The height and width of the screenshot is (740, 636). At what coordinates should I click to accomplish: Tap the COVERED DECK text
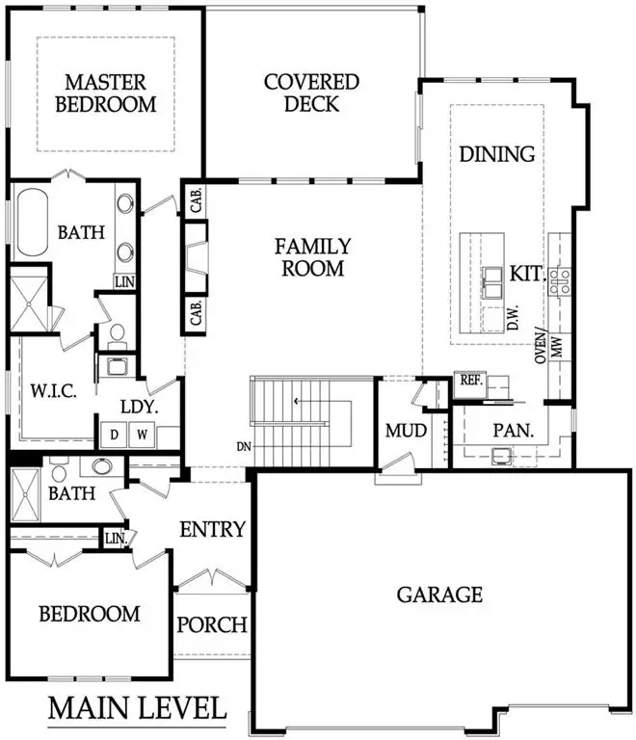311,92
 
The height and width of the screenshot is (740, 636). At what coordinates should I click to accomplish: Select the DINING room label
496,154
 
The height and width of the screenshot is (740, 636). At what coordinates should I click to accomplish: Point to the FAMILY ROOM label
315,258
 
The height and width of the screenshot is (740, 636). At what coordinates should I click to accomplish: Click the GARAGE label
439,595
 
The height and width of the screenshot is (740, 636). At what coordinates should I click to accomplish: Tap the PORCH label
212,624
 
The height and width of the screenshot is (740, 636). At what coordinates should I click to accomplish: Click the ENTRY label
213,529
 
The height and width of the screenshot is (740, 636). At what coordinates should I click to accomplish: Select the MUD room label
406,430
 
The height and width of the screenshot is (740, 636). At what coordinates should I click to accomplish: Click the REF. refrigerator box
469,381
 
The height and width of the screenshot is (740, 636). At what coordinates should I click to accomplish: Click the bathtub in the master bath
31,224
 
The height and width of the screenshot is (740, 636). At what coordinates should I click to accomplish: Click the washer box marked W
143,436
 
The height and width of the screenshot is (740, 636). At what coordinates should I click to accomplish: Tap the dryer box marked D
114,436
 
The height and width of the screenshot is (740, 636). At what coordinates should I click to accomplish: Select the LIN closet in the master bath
124,281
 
